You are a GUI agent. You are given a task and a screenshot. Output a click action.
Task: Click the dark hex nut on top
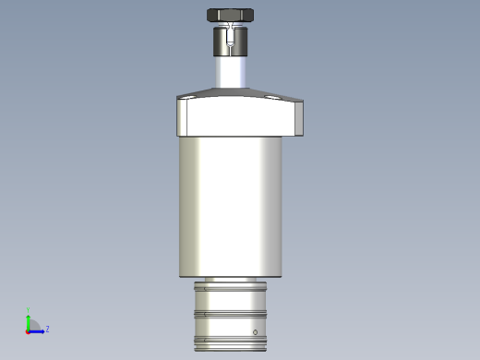(x=231, y=15)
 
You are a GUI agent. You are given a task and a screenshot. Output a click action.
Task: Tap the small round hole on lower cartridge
(x=256, y=331)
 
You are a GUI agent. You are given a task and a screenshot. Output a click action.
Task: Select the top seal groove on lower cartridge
(x=231, y=287)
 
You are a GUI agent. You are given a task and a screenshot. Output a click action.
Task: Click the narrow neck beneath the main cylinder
(x=231, y=279)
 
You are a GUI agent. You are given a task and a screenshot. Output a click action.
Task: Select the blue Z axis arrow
(x=38, y=330)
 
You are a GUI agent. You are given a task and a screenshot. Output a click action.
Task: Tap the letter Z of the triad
(x=47, y=329)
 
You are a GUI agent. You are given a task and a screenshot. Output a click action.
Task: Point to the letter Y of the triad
(x=29, y=311)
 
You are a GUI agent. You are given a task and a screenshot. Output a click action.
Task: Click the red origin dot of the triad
(x=28, y=330)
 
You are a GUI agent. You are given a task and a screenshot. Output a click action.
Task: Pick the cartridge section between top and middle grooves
(x=231, y=301)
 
